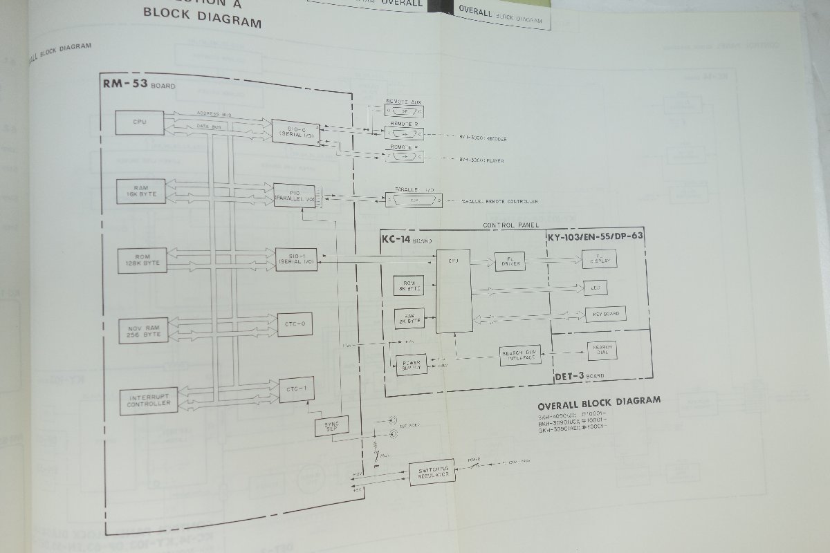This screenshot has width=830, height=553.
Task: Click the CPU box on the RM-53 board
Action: tap(140, 122)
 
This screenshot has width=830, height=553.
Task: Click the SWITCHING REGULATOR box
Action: tap(432, 472)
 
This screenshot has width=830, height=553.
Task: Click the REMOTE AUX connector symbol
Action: tap(405, 109)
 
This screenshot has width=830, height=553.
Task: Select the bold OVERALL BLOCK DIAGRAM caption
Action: tap(598, 400)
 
